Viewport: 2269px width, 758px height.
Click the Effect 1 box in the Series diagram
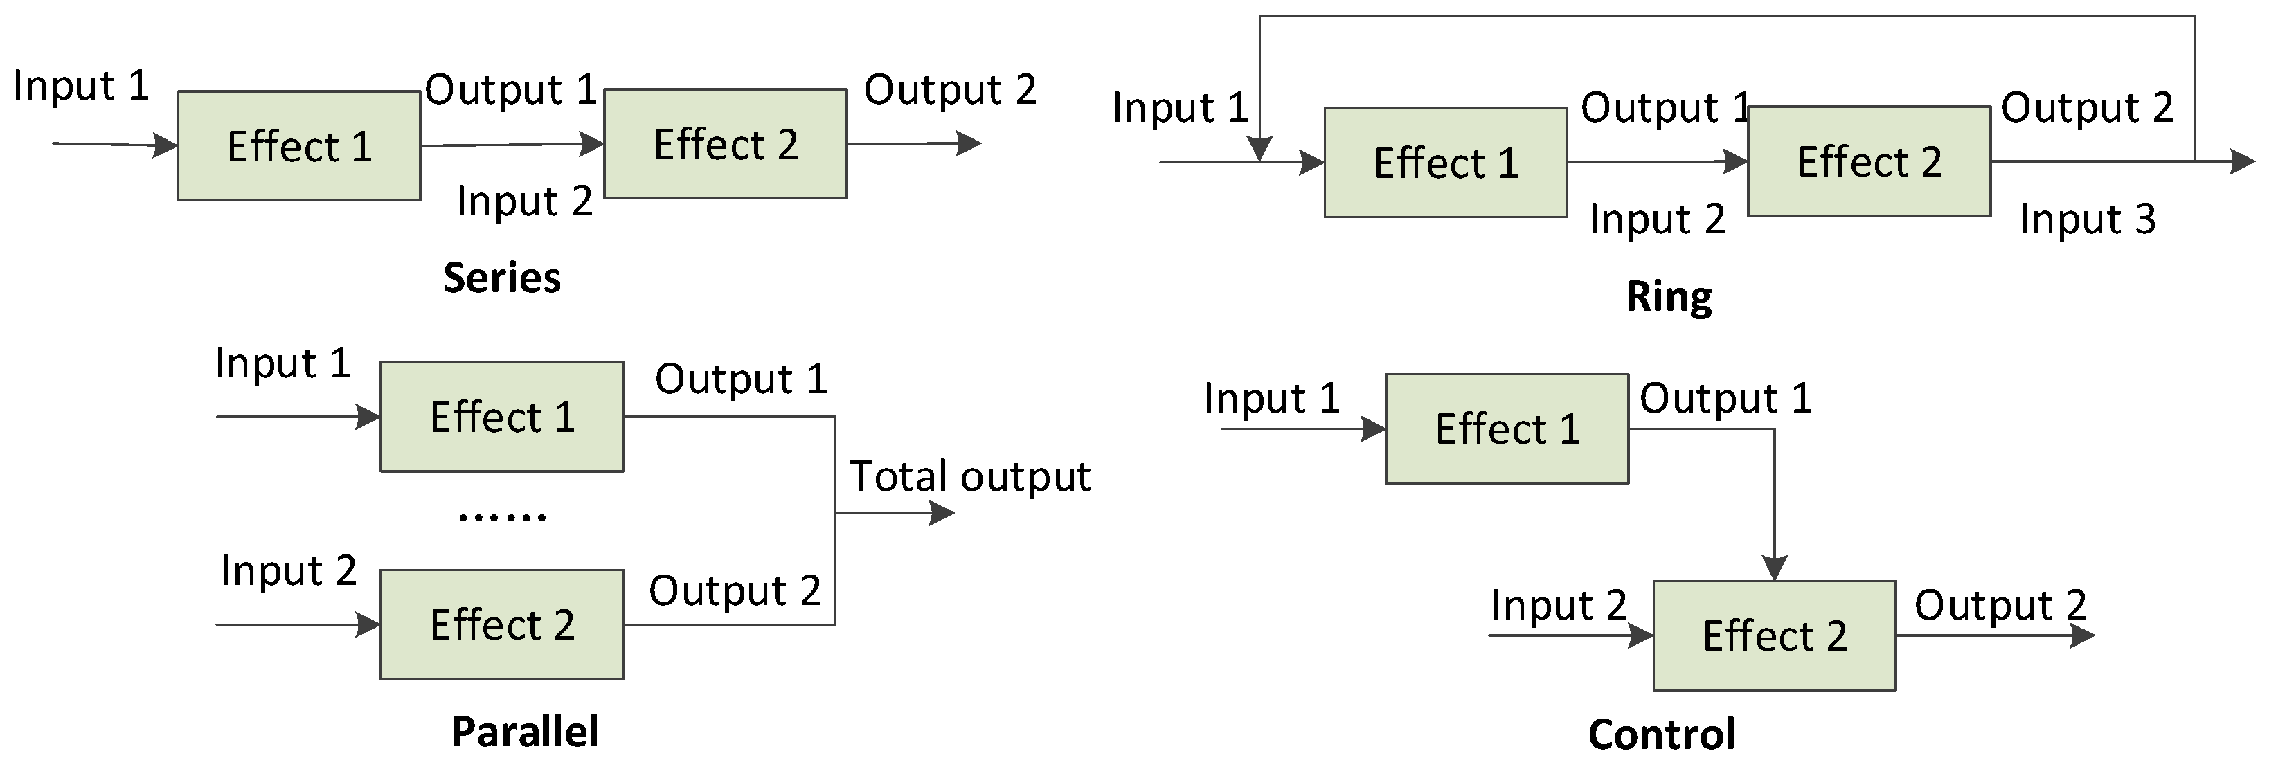coord(298,146)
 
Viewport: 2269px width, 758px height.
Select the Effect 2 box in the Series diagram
coord(725,143)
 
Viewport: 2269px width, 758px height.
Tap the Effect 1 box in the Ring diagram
coord(1446,163)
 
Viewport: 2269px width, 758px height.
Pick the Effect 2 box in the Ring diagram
coord(1869,161)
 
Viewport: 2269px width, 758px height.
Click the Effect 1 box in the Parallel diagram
coord(502,417)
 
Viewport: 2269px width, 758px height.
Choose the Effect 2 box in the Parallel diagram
coord(502,624)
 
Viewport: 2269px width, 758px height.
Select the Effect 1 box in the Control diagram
coord(1507,428)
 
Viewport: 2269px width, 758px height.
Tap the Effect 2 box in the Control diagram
coord(1774,635)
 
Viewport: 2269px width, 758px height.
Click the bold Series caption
coord(501,278)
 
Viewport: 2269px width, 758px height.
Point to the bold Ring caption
coord(1668,297)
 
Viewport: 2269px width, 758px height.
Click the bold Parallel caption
coord(525,732)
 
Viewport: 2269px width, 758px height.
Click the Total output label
coord(970,477)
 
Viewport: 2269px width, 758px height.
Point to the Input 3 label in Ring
coord(2088,218)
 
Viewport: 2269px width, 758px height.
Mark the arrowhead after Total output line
coord(942,513)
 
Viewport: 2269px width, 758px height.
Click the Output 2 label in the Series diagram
coord(949,90)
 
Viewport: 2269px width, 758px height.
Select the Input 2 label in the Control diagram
coord(1558,606)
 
